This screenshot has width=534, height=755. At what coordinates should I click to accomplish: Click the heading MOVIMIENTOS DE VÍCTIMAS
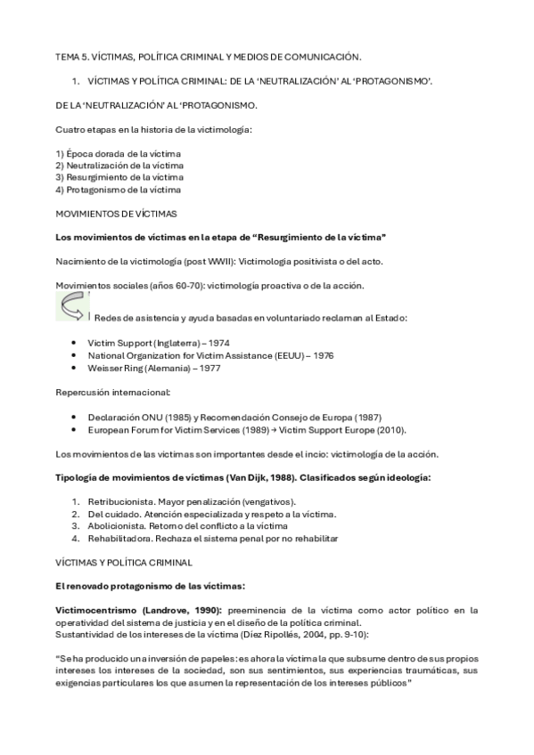pyautogui.click(x=116, y=215)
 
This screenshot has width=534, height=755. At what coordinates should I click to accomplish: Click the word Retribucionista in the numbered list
pyautogui.click(x=119, y=501)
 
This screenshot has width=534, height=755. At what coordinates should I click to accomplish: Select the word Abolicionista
pyautogui.click(x=116, y=526)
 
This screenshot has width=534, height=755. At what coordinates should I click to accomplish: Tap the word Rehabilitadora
pyautogui.click(x=119, y=539)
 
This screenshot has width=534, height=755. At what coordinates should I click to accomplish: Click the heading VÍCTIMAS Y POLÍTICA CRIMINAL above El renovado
pyautogui.click(x=130, y=564)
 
